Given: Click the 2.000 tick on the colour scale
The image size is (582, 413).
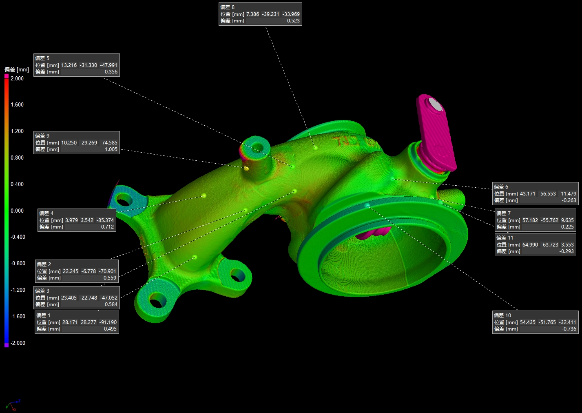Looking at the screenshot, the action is click(x=17, y=78).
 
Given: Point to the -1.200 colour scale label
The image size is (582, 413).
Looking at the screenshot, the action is click(x=18, y=290).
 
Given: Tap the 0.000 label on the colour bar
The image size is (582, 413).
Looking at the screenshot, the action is click(x=17, y=211).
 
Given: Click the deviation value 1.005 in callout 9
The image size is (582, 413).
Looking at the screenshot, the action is click(x=111, y=149).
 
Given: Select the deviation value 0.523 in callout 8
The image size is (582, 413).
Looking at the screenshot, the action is click(x=293, y=21).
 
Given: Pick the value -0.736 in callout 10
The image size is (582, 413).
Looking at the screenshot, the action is click(x=569, y=329).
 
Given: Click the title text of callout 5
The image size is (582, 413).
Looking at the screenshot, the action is click(x=42, y=58).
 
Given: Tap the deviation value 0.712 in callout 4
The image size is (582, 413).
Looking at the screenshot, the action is click(x=107, y=227).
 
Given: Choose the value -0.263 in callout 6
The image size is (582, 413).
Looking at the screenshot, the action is click(x=569, y=200).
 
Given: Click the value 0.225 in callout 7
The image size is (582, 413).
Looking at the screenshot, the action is click(x=567, y=227).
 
